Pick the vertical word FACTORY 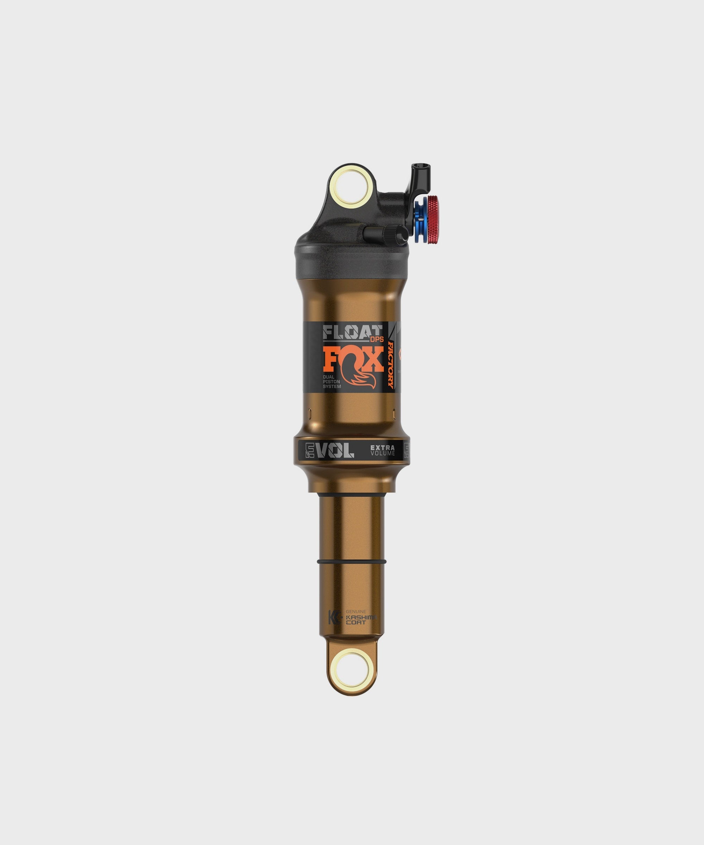(390, 364)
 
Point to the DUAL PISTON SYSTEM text (332, 381)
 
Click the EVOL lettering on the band (330, 450)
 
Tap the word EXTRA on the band (382, 447)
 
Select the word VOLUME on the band (383, 453)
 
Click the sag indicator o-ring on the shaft (352, 561)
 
